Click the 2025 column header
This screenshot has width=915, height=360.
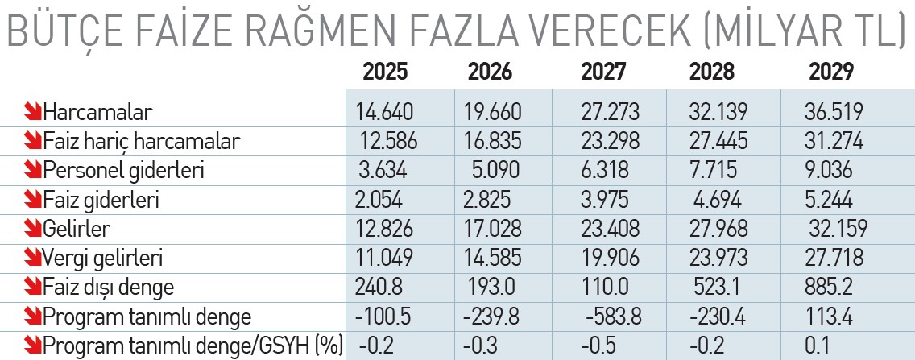tap(385, 72)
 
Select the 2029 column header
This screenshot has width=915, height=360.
tap(831, 72)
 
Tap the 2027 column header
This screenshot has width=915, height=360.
tap(602, 72)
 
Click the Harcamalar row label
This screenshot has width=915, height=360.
tap(98, 111)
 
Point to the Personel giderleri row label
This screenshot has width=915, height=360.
tap(123, 171)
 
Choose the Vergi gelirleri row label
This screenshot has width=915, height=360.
tap(102, 258)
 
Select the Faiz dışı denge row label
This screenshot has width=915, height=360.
tap(109, 287)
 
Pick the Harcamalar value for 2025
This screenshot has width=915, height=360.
tap(384, 111)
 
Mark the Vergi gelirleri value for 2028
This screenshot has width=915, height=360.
tap(718, 258)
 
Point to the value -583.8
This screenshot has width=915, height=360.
tap(614, 317)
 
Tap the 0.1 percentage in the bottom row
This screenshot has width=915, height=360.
tap(818, 346)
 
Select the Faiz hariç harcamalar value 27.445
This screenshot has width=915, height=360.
tap(718, 141)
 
